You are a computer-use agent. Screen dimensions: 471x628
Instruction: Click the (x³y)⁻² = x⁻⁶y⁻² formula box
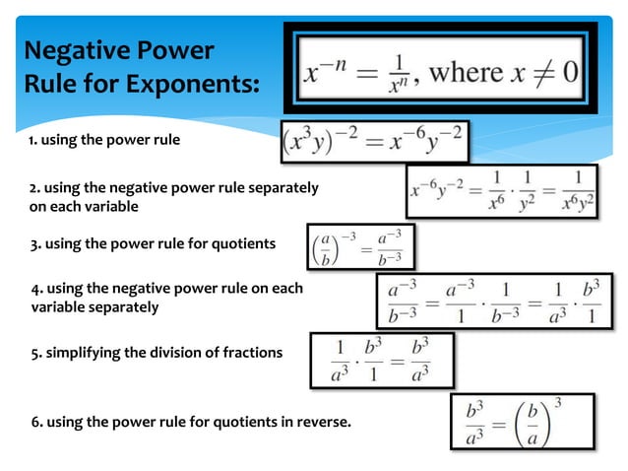click(x=375, y=141)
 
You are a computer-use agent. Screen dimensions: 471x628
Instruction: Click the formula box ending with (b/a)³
click(x=523, y=422)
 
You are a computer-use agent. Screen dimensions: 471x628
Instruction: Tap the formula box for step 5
click(x=383, y=361)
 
